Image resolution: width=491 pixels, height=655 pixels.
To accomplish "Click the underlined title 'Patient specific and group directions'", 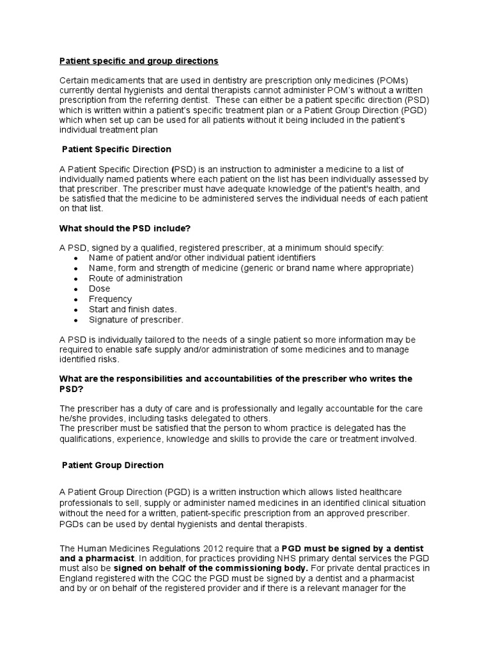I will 139,61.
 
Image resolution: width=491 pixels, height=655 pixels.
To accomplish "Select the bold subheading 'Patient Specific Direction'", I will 116,149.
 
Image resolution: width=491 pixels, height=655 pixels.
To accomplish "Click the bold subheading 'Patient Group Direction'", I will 113,465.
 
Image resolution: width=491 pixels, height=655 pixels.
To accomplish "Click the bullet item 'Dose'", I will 100,288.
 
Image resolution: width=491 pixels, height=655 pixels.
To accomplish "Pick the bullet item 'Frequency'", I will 111,299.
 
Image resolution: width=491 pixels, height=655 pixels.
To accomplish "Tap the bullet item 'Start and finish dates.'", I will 132,309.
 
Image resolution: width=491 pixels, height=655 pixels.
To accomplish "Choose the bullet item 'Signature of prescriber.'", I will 136,319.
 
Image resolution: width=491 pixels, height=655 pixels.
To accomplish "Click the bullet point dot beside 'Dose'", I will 77,289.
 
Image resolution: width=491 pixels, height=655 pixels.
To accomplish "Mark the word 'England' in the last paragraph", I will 76,579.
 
